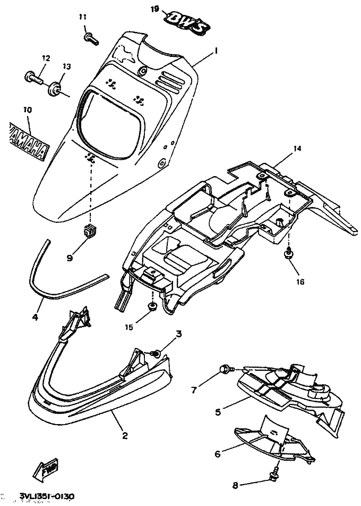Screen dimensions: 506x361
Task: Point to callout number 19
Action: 155,9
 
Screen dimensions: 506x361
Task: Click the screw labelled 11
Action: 89,37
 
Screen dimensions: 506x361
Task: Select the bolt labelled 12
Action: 31,77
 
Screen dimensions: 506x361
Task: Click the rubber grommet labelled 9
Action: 89,232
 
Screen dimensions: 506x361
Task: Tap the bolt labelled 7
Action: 225,368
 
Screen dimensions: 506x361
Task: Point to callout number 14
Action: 297,149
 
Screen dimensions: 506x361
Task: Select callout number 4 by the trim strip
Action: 35,318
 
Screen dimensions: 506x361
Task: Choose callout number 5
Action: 218,411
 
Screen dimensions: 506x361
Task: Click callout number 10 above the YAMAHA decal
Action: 27,110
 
